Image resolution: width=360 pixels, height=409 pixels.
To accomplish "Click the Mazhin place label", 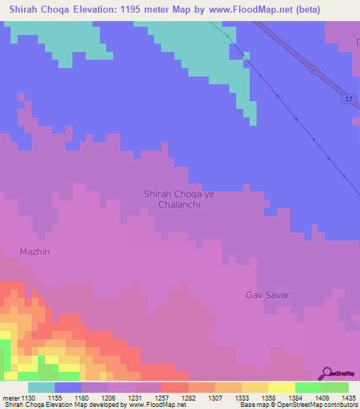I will pyautogui.click(x=36, y=251).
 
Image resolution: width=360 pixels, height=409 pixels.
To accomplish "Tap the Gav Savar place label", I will pyautogui.click(x=268, y=294).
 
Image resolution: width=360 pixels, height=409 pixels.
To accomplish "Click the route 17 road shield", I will pyautogui.click(x=349, y=99).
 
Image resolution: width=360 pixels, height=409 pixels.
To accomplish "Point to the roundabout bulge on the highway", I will pyautogui.click(x=313, y=69).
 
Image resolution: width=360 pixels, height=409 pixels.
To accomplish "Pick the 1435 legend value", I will pyautogui.click(x=347, y=397).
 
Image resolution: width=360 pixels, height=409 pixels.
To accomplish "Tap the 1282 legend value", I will pyautogui.click(x=188, y=397).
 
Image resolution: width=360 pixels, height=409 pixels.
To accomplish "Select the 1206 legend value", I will pyautogui.click(x=108, y=397).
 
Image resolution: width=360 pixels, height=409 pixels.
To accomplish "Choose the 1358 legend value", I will pyautogui.click(x=267, y=397).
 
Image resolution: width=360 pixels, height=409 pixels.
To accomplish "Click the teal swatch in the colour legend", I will pyautogui.click(x=41, y=387).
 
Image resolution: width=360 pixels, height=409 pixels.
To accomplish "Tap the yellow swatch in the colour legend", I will pyautogui.click(x=281, y=387).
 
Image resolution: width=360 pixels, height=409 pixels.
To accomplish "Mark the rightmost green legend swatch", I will pyautogui.click(x=335, y=387).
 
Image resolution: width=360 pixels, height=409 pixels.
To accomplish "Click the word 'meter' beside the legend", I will pyautogui.click(x=10, y=397).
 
